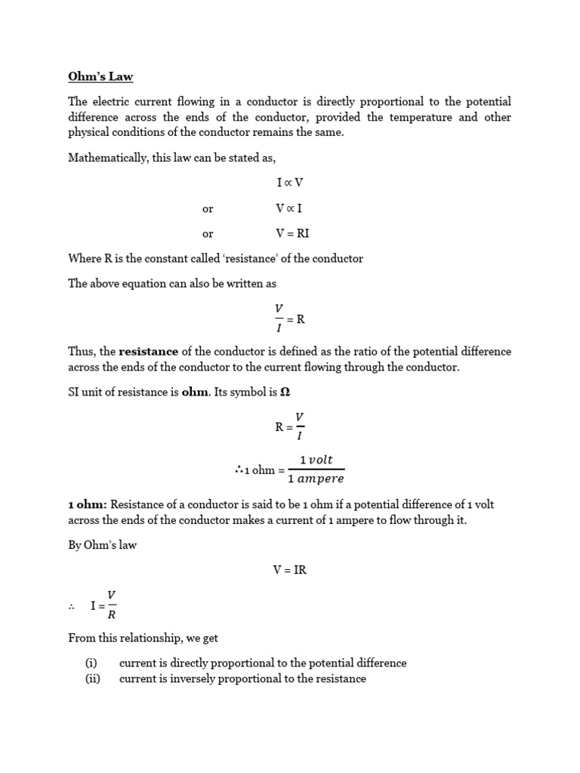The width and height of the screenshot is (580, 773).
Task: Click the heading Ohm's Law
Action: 100,76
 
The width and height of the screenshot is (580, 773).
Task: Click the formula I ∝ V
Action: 289,183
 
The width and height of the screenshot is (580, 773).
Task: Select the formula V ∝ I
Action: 289,208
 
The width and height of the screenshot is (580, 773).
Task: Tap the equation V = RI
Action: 293,233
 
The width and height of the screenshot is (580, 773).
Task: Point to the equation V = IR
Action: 290,570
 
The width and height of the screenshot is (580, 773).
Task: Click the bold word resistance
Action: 149,351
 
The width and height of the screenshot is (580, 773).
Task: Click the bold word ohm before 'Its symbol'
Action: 195,393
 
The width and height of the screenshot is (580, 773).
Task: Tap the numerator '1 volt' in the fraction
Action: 316,460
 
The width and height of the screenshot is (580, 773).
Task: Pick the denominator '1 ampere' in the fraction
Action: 316,479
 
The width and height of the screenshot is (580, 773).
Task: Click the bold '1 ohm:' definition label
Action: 88,504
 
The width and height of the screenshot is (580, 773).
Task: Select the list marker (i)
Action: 91,663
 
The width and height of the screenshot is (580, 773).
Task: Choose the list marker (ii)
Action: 93,679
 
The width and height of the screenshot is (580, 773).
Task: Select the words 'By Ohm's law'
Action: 102,545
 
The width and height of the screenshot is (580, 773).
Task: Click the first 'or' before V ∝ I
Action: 208,209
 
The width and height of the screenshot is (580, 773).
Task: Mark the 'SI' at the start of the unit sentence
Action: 74,393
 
